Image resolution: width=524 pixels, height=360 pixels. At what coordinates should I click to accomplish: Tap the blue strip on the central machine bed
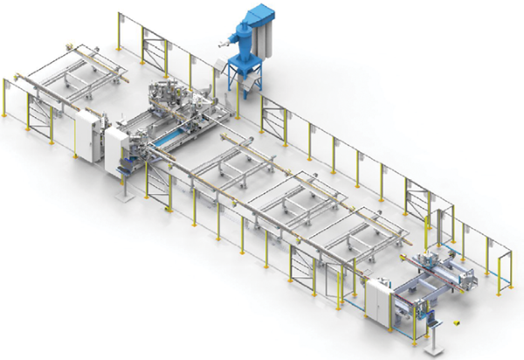tap(169, 139)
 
